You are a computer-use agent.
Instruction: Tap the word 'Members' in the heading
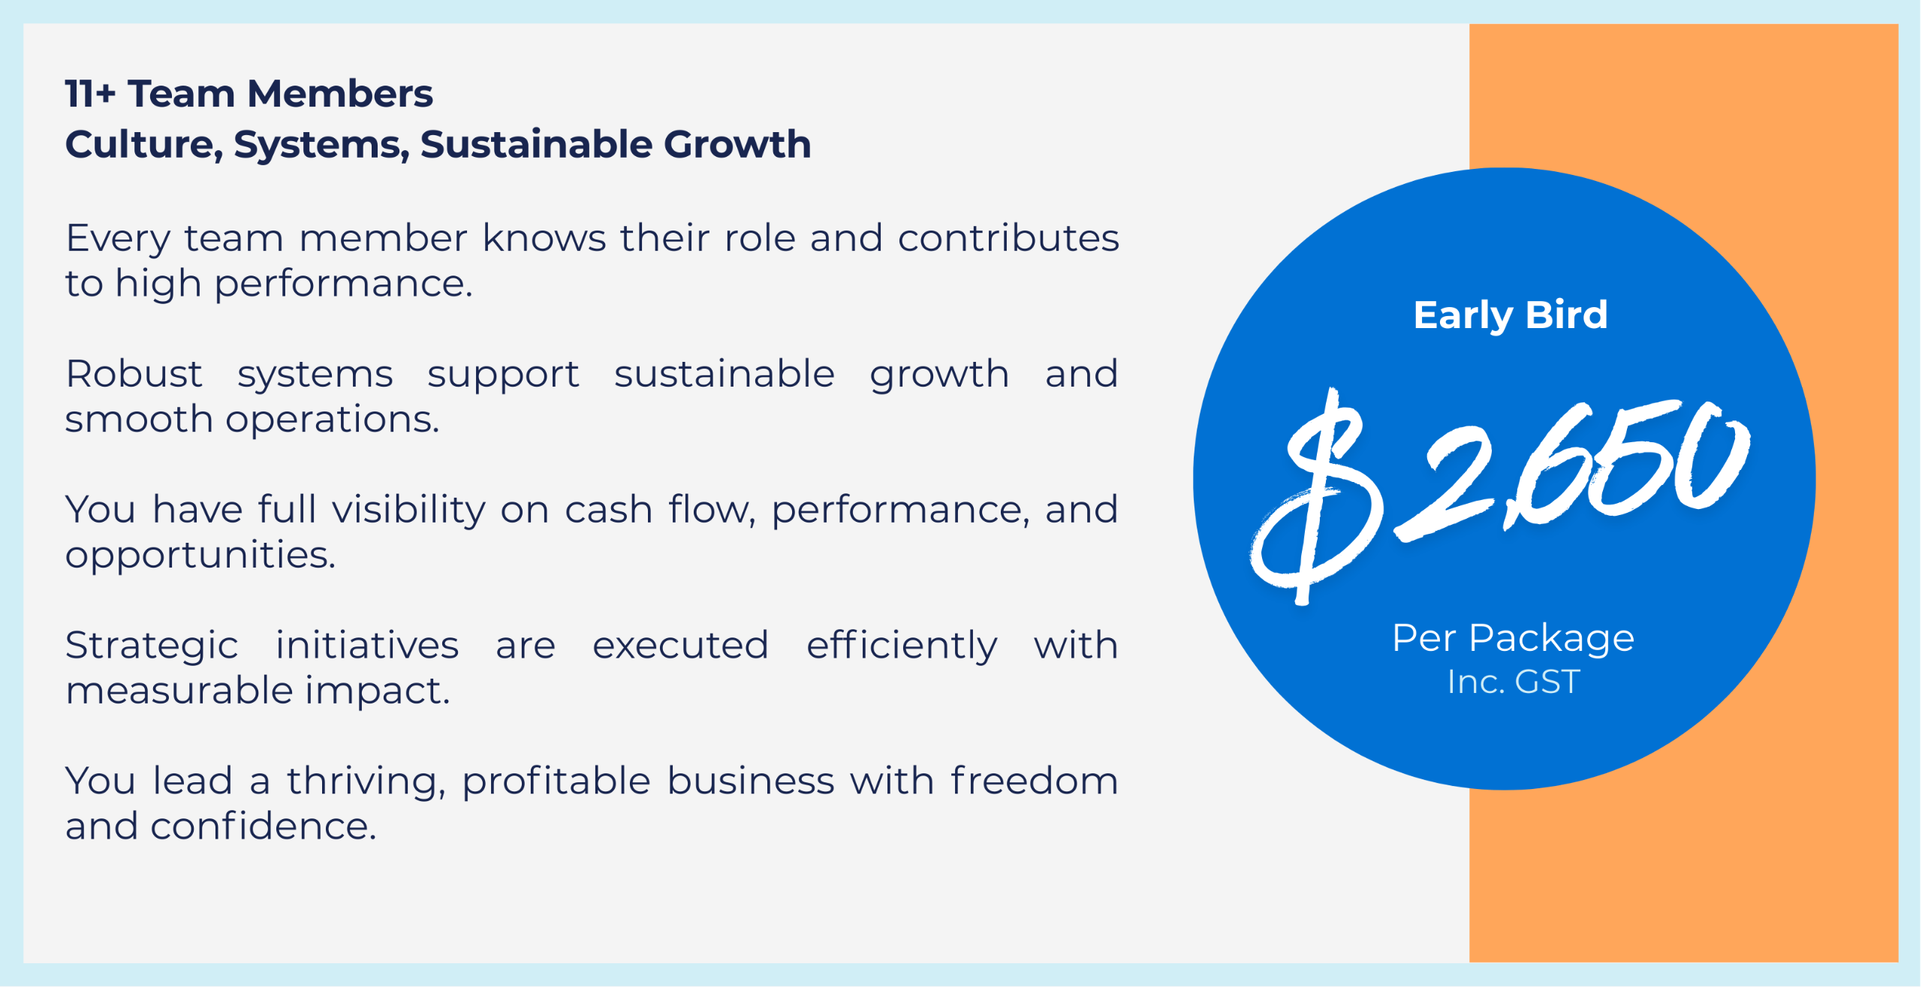pos(340,94)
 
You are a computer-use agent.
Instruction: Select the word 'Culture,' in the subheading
pos(144,144)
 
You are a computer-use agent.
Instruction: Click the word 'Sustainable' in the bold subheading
pos(535,143)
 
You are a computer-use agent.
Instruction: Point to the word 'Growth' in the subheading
pos(737,143)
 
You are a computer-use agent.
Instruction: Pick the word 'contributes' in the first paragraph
pos(1008,238)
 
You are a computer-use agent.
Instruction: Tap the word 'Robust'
pos(134,373)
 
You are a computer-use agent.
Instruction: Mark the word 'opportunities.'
pos(200,556)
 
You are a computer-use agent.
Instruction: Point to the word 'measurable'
pos(179,691)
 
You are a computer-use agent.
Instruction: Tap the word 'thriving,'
pos(366,782)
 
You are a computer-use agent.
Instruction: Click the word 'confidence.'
pos(264,827)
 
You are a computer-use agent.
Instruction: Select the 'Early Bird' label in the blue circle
pos(1511,315)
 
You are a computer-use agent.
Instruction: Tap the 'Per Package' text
pos(1513,640)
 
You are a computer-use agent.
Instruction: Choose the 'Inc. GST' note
pos(1514,682)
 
